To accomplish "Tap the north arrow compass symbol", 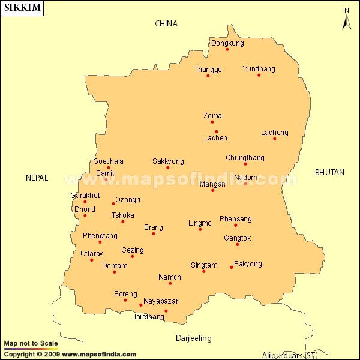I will (346, 19).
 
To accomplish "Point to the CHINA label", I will (166, 23).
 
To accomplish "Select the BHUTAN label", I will (329, 172).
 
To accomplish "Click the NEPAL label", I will (37, 178).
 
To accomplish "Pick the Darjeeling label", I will (193, 338).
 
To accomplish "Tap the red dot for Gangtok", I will (238, 244).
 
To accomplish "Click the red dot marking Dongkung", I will (227, 49).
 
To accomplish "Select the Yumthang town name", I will (259, 69).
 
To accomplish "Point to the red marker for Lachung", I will (274, 139).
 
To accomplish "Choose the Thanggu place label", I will (208, 70).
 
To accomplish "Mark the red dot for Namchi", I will (170, 283).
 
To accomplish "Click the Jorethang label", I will (148, 317).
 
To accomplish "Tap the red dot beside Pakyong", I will (231, 267).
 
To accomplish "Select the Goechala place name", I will (108, 161).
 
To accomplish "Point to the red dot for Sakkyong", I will (167, 167).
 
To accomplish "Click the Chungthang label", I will (245, 158).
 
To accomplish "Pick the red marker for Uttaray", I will (91, 260).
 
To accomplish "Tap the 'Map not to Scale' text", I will (31, 343).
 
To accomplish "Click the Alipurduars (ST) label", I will (290, 355).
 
